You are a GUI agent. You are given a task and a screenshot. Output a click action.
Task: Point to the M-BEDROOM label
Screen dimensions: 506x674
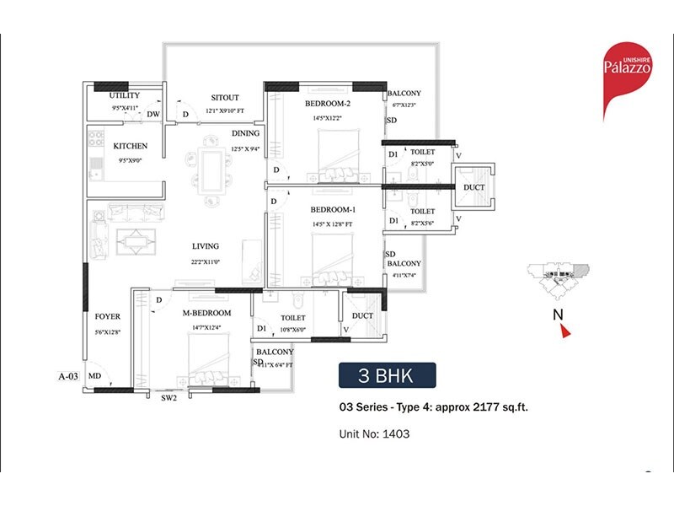[207, 313]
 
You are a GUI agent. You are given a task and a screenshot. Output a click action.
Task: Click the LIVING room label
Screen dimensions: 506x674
[205, 246]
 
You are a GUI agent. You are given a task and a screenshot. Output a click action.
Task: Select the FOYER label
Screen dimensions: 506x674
[107, 316]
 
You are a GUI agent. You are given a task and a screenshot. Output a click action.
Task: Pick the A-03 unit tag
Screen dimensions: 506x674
[68, 376]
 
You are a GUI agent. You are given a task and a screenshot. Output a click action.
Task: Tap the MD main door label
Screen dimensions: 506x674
[95, 376]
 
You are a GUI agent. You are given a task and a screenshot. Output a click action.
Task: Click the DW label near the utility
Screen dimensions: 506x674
[153, 114]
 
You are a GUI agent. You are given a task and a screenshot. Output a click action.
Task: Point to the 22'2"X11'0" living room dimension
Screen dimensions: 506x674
[205, 262]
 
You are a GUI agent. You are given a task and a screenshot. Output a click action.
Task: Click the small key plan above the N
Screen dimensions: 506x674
[557, 273]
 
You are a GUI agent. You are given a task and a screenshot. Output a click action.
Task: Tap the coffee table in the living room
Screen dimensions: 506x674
[131, 242]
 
